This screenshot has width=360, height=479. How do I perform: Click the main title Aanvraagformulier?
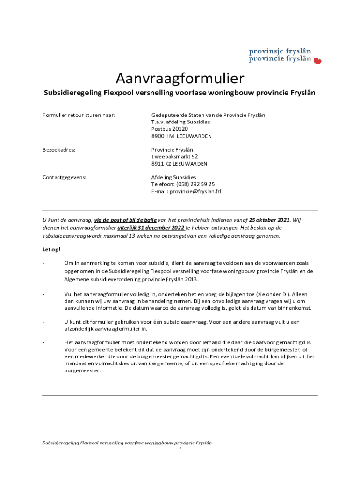coord(180,78)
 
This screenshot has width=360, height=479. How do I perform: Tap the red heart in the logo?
coord(317,60)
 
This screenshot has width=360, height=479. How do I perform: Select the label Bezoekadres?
coord(59,150)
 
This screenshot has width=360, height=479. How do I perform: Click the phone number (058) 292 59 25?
coord(195,184)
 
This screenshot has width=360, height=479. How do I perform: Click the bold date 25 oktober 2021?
coord(269,220)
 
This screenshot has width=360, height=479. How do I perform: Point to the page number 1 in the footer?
coord(180,449)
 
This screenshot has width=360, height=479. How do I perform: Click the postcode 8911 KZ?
coord(161,164)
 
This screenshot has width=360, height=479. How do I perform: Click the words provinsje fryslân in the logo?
coord(280,51)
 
